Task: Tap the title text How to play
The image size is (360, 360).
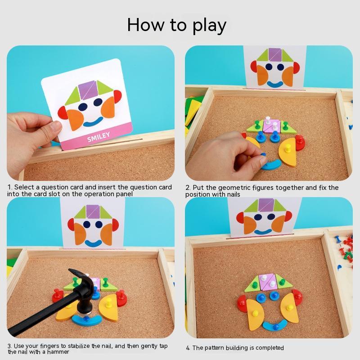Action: (x=176, y=25)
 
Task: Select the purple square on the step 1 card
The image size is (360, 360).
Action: (x=88, y=90)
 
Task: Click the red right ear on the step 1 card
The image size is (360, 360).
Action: (x=118, y=96)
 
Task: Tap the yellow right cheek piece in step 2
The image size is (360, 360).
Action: (x=288, y=151)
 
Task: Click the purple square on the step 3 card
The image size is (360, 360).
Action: (x=93, y=211)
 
